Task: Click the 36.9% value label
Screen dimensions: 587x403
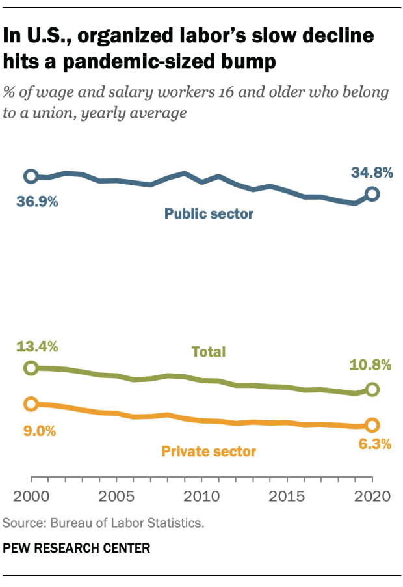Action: (38, 202)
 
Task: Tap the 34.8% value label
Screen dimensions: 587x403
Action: (372, 173)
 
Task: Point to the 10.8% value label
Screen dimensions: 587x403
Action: (371, 365)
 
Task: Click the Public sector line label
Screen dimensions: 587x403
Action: (209, 213)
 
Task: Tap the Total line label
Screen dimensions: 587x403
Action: (208, 352)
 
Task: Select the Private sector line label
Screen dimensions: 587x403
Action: (209, 451)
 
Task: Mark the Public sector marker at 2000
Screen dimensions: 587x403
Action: (31, 176)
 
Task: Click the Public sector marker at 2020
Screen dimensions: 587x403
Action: (372, 194)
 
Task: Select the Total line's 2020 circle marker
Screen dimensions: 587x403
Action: (372, 390)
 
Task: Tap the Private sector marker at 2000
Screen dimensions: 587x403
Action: (31, 404)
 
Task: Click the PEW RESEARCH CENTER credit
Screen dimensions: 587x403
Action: (77, 549)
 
